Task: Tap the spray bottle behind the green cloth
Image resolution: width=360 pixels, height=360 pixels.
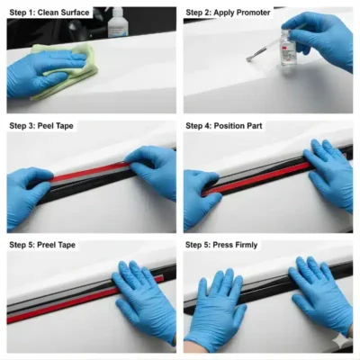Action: pyautogui.click(x=116, y=22)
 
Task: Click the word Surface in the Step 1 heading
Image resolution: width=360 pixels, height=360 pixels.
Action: pyautogui.click(x=76, y=13)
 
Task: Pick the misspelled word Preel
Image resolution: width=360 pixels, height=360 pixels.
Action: pyautogui.click(x=46, y=245)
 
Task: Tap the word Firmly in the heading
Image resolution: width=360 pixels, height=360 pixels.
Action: pyautogui.click(x=246, y=245)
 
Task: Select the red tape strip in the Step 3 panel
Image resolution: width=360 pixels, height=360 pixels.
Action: pyautogui.click(x=90, y=172)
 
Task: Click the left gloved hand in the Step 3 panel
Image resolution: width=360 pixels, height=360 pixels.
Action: pyautogui.click(x=29, y=196)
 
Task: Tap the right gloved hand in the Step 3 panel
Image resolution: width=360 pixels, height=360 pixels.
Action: pyautogui.click(x=153, y=169)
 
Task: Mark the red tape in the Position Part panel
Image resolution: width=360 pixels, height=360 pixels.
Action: pyautogui.click(x=258, y=178)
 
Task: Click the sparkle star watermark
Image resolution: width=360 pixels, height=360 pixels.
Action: pyautogui.click(x=342, y=339)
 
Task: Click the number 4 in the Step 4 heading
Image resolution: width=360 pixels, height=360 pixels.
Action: pyautogui.click(x=208, y=126)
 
